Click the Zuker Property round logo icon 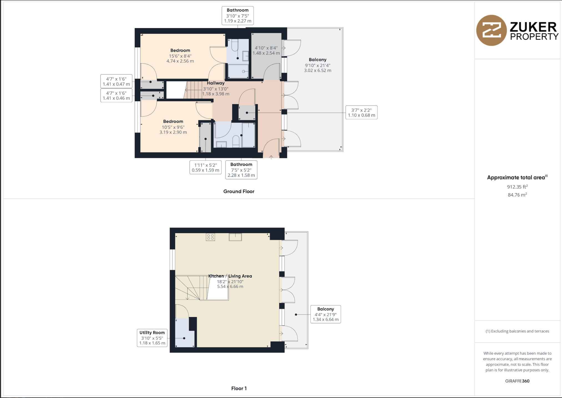pos(492,30)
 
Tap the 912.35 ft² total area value pos(517,187)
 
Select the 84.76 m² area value pos(517,195)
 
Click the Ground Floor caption pos(239,192)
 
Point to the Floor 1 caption pos(239,388)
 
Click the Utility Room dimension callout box pos(152,338)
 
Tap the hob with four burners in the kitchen pos(210,237)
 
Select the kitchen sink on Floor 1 pos(235,237)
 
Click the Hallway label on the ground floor pos(216,83)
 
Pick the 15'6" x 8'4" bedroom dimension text pos(180,56)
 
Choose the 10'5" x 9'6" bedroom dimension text pos(173,127)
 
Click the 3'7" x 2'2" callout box pos(361,112)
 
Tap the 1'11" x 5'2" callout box pos(205,167)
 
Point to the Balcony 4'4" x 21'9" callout pos(326,314)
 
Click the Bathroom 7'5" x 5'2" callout pos(241,170)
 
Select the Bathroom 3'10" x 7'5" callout pos(238,16)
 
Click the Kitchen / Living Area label pos(230,276)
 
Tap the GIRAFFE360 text pos(517,381)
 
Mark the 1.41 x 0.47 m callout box pos(116,81)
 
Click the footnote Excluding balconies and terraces pos(517,331)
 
